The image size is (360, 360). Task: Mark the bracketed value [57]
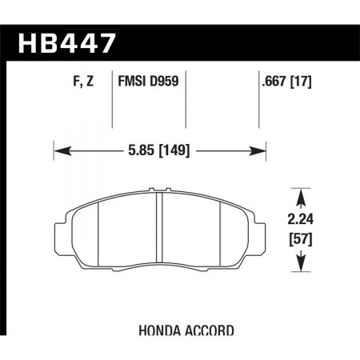(299, 240)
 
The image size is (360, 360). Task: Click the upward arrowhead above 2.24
(299, 194)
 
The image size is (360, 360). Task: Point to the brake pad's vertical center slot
(160, 233)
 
